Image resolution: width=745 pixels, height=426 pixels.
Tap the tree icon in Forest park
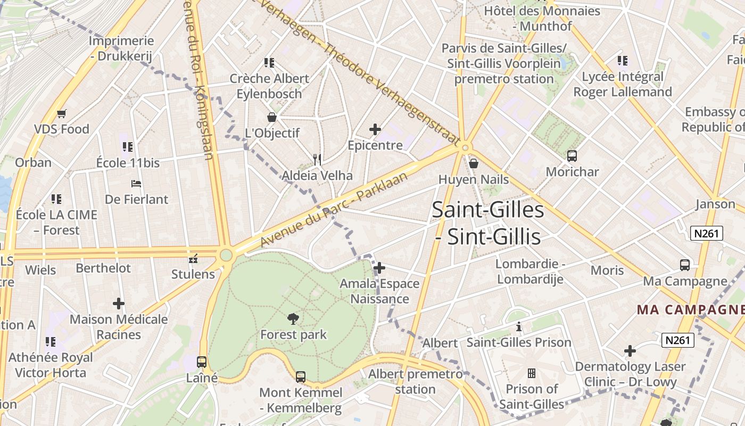pyautogui.click(x=293, y=319)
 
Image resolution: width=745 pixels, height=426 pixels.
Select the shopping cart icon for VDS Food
pyautogui.click(x=62, y=113)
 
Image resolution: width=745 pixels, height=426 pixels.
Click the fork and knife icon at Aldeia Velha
pyautogui.click(x=317, y=159)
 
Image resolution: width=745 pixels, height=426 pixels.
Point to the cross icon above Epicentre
pyautogui.click(x=375, y=129)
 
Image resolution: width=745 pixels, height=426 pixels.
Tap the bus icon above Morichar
pyautogui.click(x=572, y=156)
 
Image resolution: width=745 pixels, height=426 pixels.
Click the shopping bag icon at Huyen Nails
pyautogui.click(x=473, y=163)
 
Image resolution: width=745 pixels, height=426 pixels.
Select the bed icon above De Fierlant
pyautogui.click(x=136, y=184)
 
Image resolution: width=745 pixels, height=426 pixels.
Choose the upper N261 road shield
pyautogui.click(x=707, y=233)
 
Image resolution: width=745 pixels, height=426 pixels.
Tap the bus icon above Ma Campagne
pyautogui.click(x=685, y=265)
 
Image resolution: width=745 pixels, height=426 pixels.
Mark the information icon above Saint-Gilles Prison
pyautogui.click(x=518, y=327)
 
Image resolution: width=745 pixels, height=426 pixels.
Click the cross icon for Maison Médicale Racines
pyautogui.click(x=119, y=304)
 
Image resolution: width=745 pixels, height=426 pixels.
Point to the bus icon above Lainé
pyautogui.click(x=202, y=362)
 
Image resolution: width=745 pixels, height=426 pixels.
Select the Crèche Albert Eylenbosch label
pyautogui.click(x=269, y=86)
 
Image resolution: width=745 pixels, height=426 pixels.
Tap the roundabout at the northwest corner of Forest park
pyautogui.click(x=226, y=255)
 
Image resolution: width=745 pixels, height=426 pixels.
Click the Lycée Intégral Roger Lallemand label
pyautogui.click(x=623, y=84)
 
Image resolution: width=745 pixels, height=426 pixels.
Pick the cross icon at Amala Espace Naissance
pyautogui.click(x=379, y=267)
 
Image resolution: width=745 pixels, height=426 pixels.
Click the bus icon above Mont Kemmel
pyautogui.click(x=301, y=377)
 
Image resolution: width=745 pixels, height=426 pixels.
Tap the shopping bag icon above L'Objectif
pyautogui.click(x=272, y=117)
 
